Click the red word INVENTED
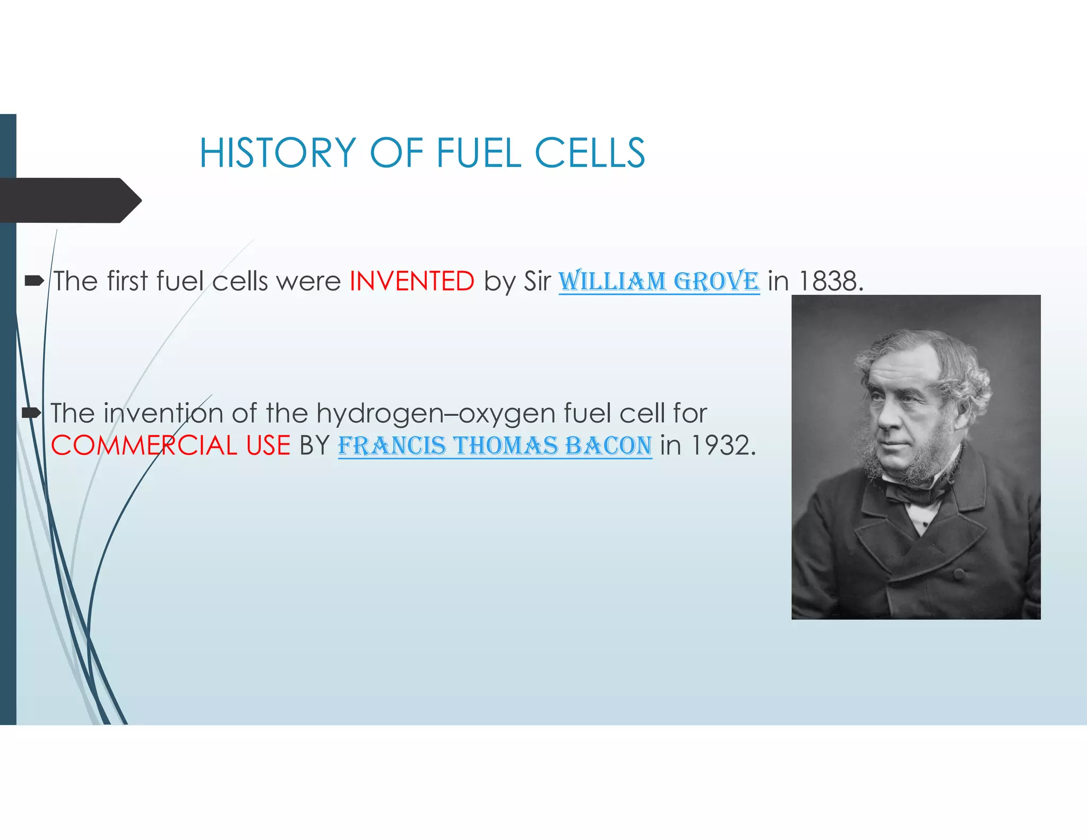click(412, 281)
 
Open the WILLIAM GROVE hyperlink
click(659, 281)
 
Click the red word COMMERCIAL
click(144, 445)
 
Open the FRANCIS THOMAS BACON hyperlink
click(495, 446)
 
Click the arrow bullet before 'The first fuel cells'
click(34, 281)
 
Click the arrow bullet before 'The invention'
click(32, 413)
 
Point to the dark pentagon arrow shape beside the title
click(69, 200)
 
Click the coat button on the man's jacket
click(959, 573)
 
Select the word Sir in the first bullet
click(537, 281)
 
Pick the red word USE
click(268, 445)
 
